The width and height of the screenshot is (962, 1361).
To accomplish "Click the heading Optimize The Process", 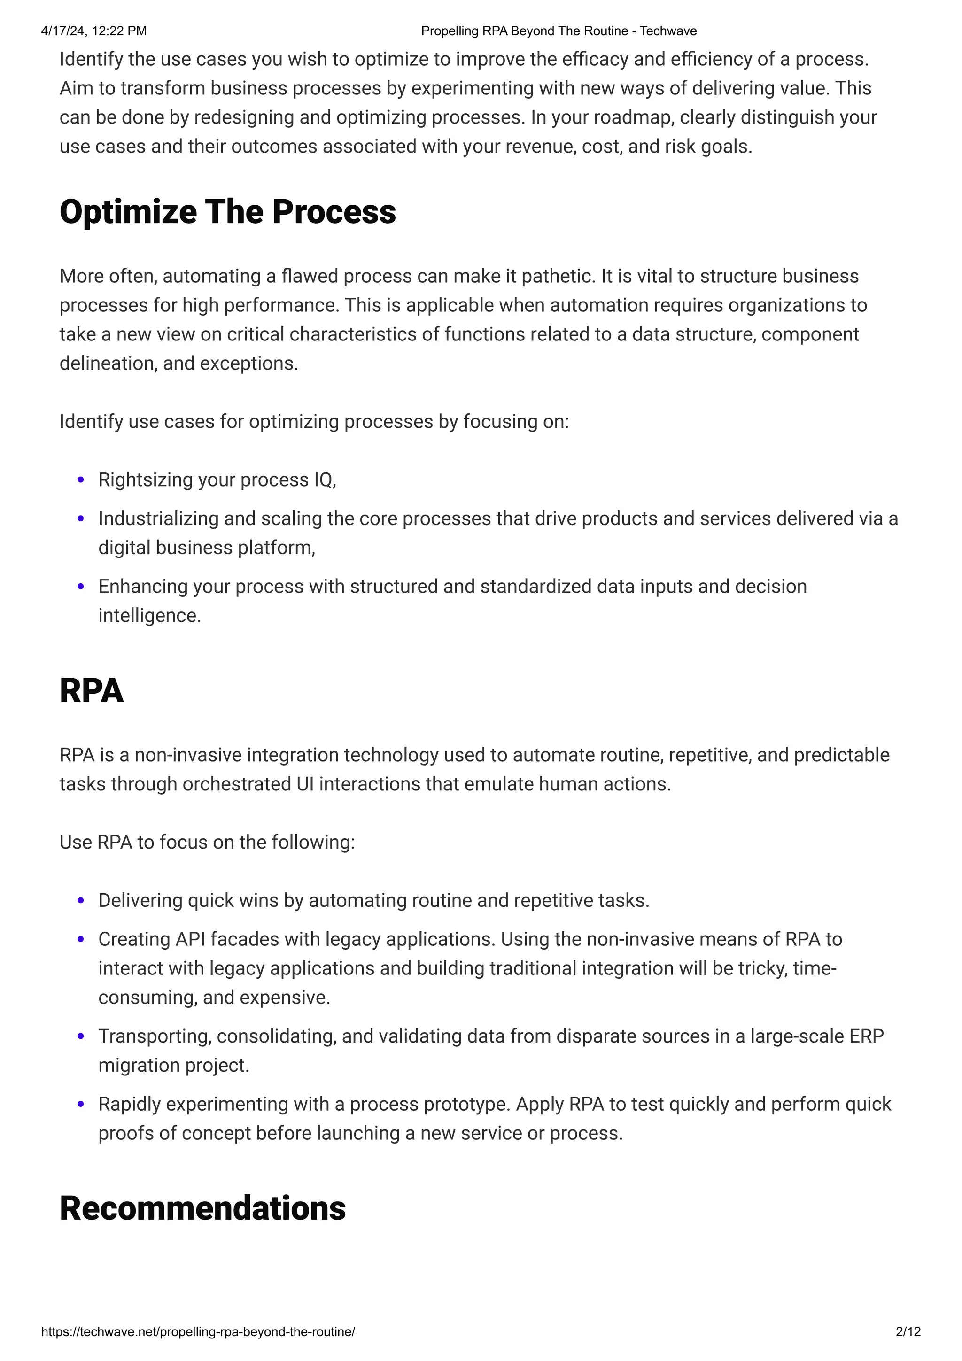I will click(228, 212).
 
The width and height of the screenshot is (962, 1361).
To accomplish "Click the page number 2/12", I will click(908, 1331).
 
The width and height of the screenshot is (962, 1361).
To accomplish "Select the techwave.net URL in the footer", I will click(198, 1331).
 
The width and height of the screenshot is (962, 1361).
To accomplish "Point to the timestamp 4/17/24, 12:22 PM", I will click(93, 31).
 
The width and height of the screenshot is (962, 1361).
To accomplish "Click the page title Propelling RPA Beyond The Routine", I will click(559, 31).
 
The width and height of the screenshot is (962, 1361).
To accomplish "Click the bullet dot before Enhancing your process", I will click(81, 587).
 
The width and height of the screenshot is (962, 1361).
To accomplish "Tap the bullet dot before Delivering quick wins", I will click(81, 901).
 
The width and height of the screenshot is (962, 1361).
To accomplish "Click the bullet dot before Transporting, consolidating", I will click(81, 1037).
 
